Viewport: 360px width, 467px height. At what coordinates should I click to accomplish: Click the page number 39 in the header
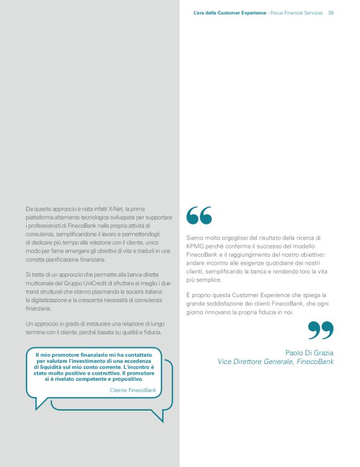point(331,13)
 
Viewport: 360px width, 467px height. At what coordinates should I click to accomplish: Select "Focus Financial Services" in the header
point(296,13)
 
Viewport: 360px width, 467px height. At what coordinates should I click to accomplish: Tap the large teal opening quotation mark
point(199,215)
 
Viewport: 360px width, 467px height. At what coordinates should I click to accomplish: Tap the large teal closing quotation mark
point(320,330)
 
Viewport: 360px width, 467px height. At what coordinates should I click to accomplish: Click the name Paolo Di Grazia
point(309,352)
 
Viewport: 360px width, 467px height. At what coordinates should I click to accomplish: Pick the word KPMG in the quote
point(197,246)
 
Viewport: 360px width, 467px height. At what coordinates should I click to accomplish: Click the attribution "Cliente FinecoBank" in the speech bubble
point(133,389)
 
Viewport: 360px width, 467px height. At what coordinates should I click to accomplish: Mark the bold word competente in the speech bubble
point(90,379)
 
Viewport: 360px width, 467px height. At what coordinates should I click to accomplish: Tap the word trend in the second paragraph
point(32,291)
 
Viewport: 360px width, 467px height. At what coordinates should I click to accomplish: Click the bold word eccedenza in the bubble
point(130,360)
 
